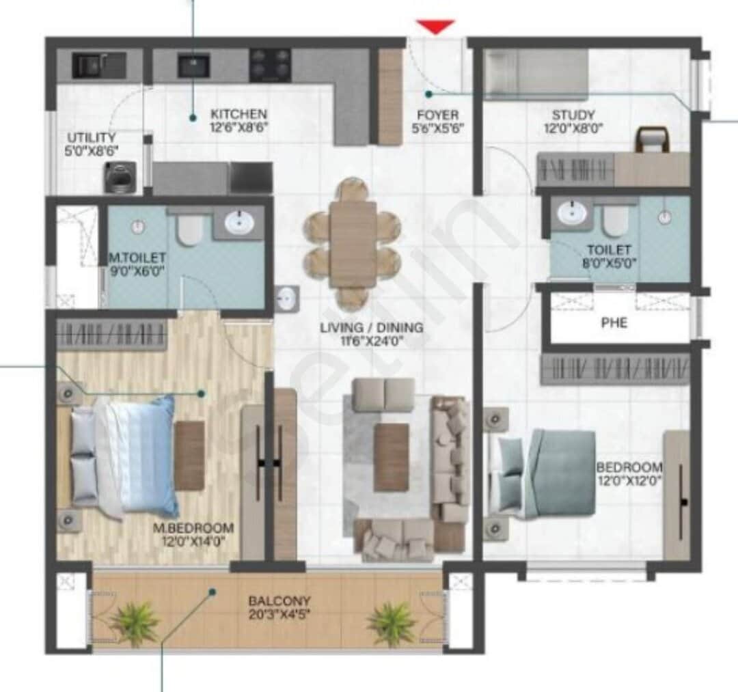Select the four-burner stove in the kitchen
pos(270,66)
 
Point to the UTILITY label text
pos(91,137)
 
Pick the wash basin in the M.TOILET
pos(239,223)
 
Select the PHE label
pos(614,322)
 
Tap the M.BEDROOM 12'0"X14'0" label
pos(193,534)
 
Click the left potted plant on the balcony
pos(134,622)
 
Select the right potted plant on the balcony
pos(392,622)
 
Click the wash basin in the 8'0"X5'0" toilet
pos(572,214)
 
